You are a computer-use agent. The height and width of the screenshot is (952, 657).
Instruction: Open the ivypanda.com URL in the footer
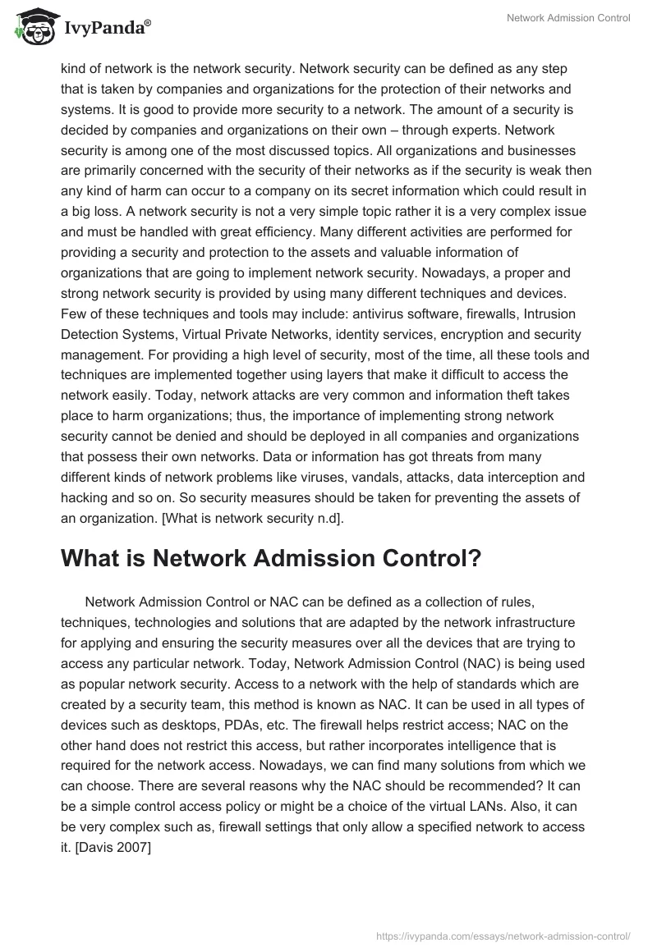[x=503, y=935]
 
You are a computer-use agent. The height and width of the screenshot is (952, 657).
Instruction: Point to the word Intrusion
[x=549, y=314]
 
